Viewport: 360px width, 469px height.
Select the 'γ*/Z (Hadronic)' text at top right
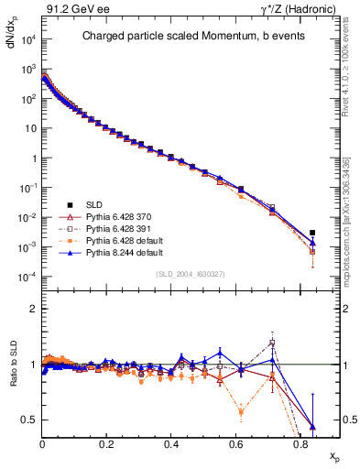click(x=291, y=9)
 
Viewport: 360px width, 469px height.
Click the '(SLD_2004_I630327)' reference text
click(x=191, y=274)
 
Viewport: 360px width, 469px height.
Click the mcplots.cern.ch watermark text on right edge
click(x=349, y=229)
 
